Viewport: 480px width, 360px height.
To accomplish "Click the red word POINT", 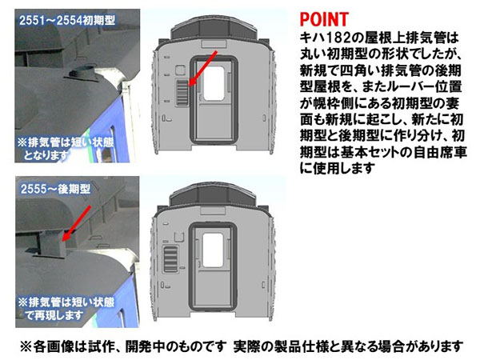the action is pos(324,19).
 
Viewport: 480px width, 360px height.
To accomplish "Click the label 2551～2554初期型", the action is pos(67,21).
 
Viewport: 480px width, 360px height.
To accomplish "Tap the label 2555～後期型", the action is pos(55,189).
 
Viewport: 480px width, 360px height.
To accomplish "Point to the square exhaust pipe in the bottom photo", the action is pos(50,243).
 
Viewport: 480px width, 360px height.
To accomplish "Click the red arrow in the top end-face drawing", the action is pos(203,68).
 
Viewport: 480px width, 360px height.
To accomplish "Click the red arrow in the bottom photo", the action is pos(76,223).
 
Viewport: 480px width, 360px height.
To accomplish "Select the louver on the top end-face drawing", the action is pos(182,92).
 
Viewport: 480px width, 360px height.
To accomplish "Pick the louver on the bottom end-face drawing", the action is pos(170,258).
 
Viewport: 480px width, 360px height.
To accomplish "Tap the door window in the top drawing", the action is pos(214,82).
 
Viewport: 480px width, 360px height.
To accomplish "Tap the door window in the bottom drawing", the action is pos(213,250).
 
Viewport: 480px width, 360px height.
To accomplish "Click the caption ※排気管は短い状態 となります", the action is pos(66,149).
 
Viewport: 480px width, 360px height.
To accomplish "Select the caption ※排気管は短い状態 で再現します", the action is pos(66,309).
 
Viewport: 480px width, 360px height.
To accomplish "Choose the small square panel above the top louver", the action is pos(180,70).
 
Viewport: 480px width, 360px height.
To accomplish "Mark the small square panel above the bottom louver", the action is pos(178,237).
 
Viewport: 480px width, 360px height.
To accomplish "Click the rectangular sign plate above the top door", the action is pos(214,44).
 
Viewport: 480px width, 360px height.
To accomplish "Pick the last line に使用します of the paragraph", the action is pos(337,168).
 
